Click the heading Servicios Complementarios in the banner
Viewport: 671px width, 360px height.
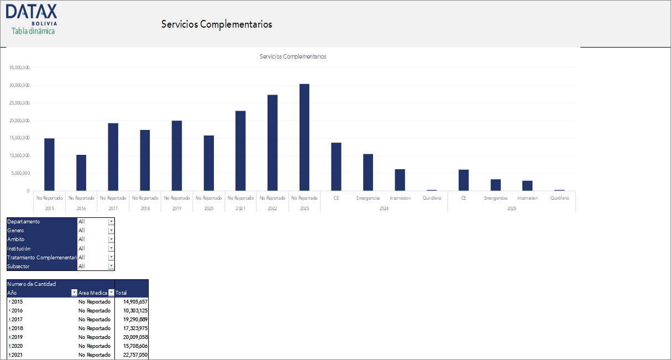coord(217,24)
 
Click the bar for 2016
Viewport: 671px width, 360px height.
coord(81,173)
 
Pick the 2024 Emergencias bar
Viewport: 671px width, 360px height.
coord(368,172)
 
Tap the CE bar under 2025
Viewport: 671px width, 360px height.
coord(464,180)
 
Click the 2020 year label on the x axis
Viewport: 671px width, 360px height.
coord(209,208)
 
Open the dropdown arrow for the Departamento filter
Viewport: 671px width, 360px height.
coord(111,222)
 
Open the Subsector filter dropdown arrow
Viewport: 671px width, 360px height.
coord(111,266)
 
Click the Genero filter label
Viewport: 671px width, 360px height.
coord(16,231)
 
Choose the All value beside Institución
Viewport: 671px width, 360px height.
coord(82,248)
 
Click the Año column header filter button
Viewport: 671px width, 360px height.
coord(74,293)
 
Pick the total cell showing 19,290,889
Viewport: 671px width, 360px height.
coord(132,319)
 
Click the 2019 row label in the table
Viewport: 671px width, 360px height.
coord(17,337)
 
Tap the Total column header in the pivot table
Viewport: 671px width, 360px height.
coord(122,293)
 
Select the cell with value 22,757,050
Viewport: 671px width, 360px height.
coord(132,354)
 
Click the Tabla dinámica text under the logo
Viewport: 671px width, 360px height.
coord(33,31)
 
